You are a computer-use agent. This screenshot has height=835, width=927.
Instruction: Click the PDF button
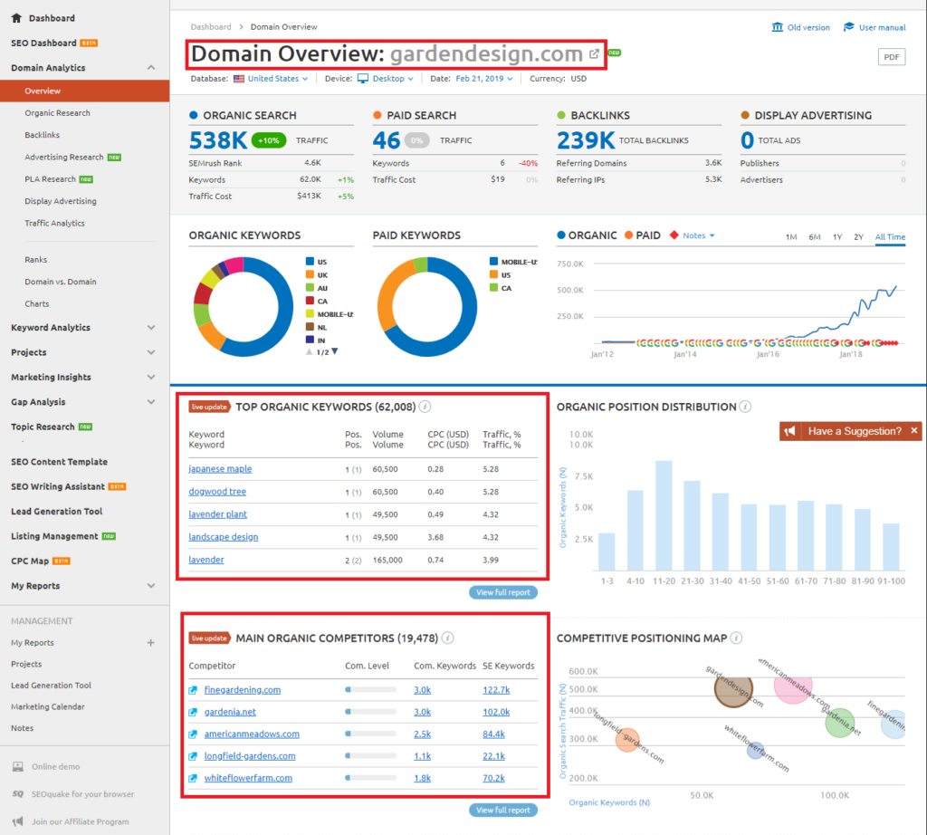click(892, 57)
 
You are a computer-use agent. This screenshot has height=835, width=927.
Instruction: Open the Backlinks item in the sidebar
click(43, 135)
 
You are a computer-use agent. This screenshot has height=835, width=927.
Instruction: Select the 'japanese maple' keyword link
click(220, 469)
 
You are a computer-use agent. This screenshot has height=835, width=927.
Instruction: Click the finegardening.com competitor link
click(242, 690)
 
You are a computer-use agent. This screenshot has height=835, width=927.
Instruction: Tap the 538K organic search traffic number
click(218, 140)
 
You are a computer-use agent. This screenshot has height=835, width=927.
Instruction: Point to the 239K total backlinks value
click(586, 140)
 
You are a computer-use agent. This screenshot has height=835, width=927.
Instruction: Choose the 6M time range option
click(815, 237)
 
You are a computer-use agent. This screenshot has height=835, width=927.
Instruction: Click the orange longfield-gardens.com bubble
click(627, 740)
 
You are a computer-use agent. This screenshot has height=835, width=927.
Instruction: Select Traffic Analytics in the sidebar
click(55, 223)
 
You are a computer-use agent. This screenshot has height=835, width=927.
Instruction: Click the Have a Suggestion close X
click(914, 431)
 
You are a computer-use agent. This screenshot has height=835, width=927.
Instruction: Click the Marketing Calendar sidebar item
click(48, 706)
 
